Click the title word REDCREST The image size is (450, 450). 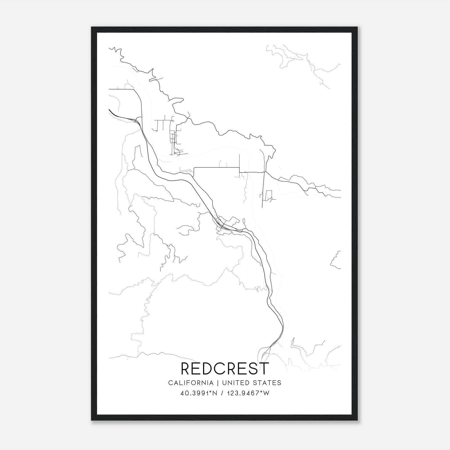(x=225, y=369)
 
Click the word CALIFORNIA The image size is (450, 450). (x=191, y=383)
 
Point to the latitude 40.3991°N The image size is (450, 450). (x=199, y=393)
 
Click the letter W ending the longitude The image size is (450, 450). (x=267, y=393)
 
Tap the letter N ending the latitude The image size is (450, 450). (x=215, y=393)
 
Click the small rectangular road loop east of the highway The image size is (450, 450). (x=269, y=195)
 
